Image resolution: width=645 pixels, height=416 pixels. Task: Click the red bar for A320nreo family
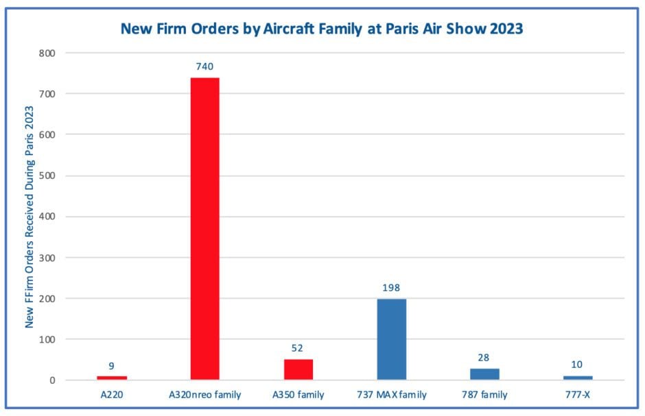pos(204,229)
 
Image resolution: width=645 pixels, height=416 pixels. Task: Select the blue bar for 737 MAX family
pos(392,339)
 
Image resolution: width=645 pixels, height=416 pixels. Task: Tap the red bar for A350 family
pos(298,369)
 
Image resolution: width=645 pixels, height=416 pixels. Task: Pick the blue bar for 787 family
pos(485,374)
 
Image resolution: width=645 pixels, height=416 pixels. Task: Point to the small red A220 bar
pos(111,378)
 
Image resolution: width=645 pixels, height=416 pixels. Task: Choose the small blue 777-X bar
pos(578,378)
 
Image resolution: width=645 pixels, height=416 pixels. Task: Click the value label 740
pos(204,67)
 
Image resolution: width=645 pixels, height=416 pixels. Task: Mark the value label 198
pos(392,288)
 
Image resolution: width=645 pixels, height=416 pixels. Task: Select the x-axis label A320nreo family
pos(204,394)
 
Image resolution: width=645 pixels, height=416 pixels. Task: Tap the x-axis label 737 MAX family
pos(392,394)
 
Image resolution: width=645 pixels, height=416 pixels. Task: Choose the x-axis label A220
pos(111,394)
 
